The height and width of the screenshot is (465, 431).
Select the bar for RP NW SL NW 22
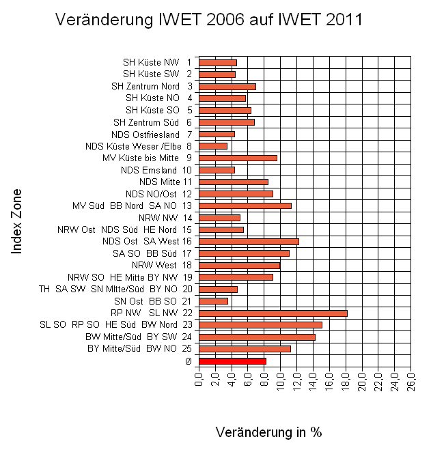click(273, 313)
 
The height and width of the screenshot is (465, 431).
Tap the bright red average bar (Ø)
click(232, 361)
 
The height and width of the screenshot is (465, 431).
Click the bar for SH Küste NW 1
click(217, 62)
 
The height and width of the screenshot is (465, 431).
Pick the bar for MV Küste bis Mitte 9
click(238, 158)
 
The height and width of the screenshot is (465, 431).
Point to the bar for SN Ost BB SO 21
click(213, 301)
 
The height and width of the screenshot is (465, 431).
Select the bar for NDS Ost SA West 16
click(249, 241)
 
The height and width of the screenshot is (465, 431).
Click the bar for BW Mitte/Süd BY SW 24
click(257, 337)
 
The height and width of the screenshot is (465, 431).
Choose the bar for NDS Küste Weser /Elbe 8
click(212, 145)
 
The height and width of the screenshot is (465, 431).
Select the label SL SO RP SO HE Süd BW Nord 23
click(116, 324)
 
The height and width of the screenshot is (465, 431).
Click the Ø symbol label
click(188, 361)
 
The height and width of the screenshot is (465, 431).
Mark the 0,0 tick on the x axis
click(199, 380)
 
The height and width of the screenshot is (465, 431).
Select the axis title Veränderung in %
click(268, 432)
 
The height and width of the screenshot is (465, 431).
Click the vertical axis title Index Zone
click(18, 222)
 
